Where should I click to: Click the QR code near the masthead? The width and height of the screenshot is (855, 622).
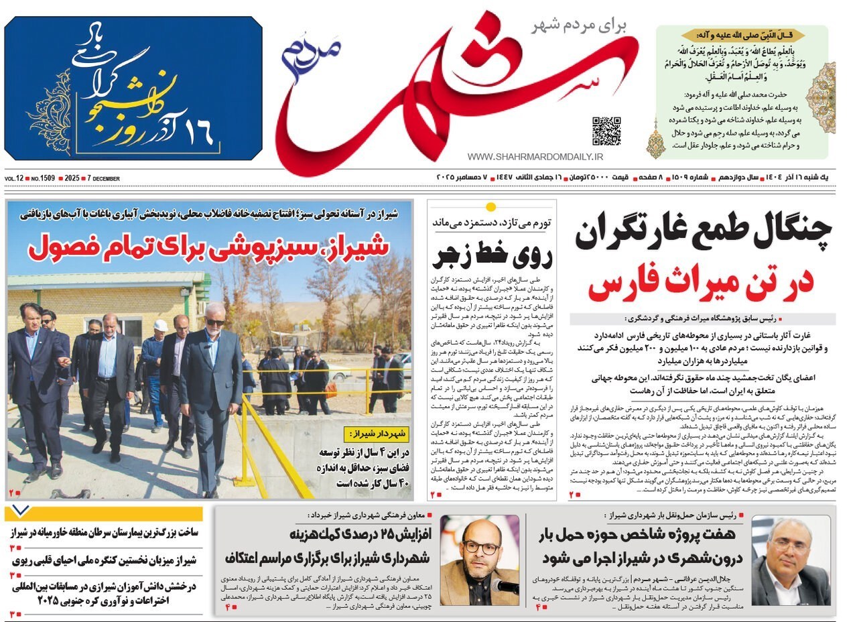tap(606, 131)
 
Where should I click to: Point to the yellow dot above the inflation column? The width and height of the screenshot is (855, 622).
tap(490, 206)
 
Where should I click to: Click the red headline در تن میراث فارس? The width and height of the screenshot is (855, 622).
tap(700, 285)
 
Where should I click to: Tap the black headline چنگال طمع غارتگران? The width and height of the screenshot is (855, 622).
tap(702, 234)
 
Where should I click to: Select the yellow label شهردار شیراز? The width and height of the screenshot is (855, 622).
tap(377, 434)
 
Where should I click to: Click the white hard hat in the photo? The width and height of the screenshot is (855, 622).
tap(160, 325)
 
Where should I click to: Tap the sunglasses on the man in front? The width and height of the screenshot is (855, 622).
tap(214, 323)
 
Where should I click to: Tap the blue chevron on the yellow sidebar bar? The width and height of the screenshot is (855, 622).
tap(21, 512)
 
